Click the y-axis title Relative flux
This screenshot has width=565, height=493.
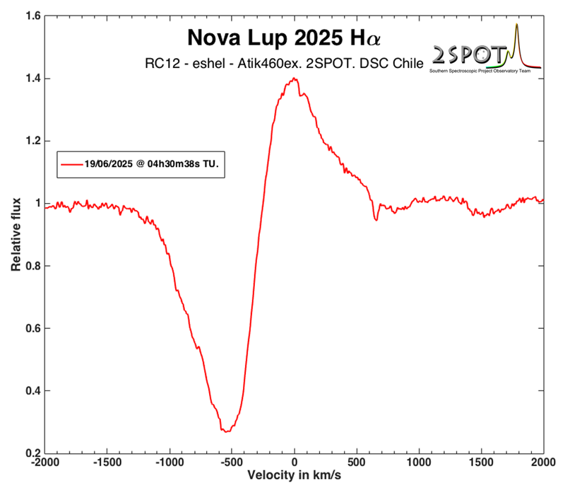(x=16, y=234)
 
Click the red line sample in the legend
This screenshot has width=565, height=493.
(x=71, y=163)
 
